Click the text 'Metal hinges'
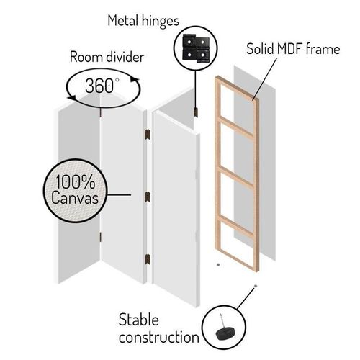click(143, 21)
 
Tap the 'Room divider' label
click(107, 58)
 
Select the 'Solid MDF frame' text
click(293, 49)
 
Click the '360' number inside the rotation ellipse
click(99, 86)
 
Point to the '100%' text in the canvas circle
click(76, 181)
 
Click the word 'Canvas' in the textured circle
click(75, 198)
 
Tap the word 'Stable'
click(139, 320)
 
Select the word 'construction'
click(159, 337)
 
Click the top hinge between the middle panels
click(148, 135)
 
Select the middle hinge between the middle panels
click(148, 197)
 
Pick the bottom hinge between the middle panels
click(148, 259)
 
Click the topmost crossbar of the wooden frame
click(237, 127)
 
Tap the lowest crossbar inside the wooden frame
click(237, 225)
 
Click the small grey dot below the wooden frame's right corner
click(256, 286)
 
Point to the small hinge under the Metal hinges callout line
click(196, 112)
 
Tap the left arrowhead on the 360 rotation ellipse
click(71, 97)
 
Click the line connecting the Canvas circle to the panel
click(119, 195)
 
